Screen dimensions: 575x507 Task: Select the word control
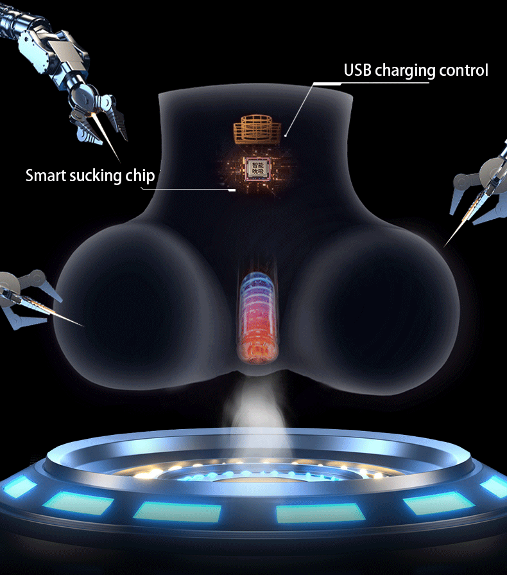coord(464,70)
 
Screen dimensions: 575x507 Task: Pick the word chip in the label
coord(140,176)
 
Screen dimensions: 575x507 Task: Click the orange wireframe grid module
coord(257,130)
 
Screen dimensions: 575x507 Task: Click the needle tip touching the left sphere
coord(82,325)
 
